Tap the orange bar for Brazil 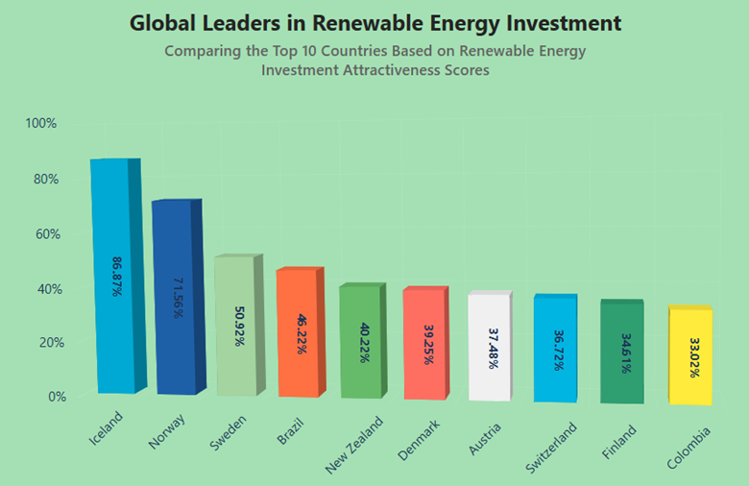(x=297, y=332)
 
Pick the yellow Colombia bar (x=690, y=355)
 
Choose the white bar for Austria (x=490, y=347)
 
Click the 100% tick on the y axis (x=41, y=123)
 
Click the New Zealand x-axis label (x=354, y=444)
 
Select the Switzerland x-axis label (x=551, y=448)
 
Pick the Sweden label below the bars (x=229, y=432)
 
